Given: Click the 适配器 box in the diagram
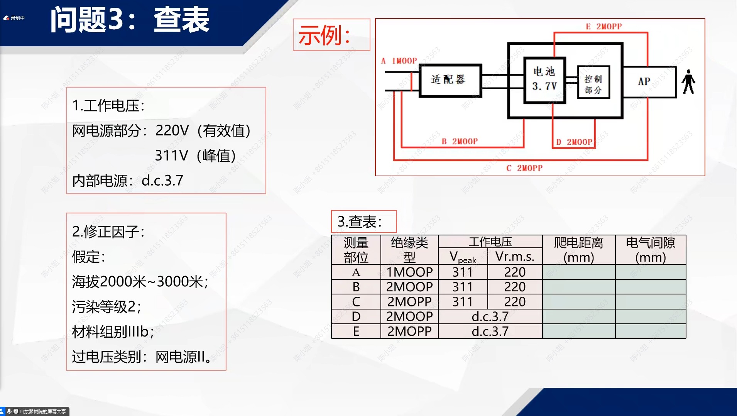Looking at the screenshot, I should pos(450,80).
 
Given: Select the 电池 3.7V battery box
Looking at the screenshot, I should pos(544,80).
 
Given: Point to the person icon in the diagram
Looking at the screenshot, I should pos(688,82).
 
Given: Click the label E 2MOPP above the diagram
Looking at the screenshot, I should pos(604,27).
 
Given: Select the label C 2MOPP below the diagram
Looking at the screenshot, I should pos(524,168).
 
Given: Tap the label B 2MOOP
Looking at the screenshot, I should pos(460,142).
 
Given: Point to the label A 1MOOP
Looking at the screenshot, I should pos(399,61).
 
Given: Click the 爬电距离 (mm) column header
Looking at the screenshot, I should pos(578,250).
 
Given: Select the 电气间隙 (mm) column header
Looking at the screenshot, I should pos(651,250).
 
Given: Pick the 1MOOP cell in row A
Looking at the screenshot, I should pos(409,272).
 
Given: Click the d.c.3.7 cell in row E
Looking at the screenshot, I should pos(490,331).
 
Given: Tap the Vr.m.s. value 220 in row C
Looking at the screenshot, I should pos(515,302).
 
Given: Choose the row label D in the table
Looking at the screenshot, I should pos(356,316).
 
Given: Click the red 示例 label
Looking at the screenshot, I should pos(324,35).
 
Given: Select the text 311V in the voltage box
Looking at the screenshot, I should pos(171,156).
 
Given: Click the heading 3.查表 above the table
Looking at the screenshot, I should pos(360,222).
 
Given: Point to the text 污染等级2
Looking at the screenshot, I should pos(106,307).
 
